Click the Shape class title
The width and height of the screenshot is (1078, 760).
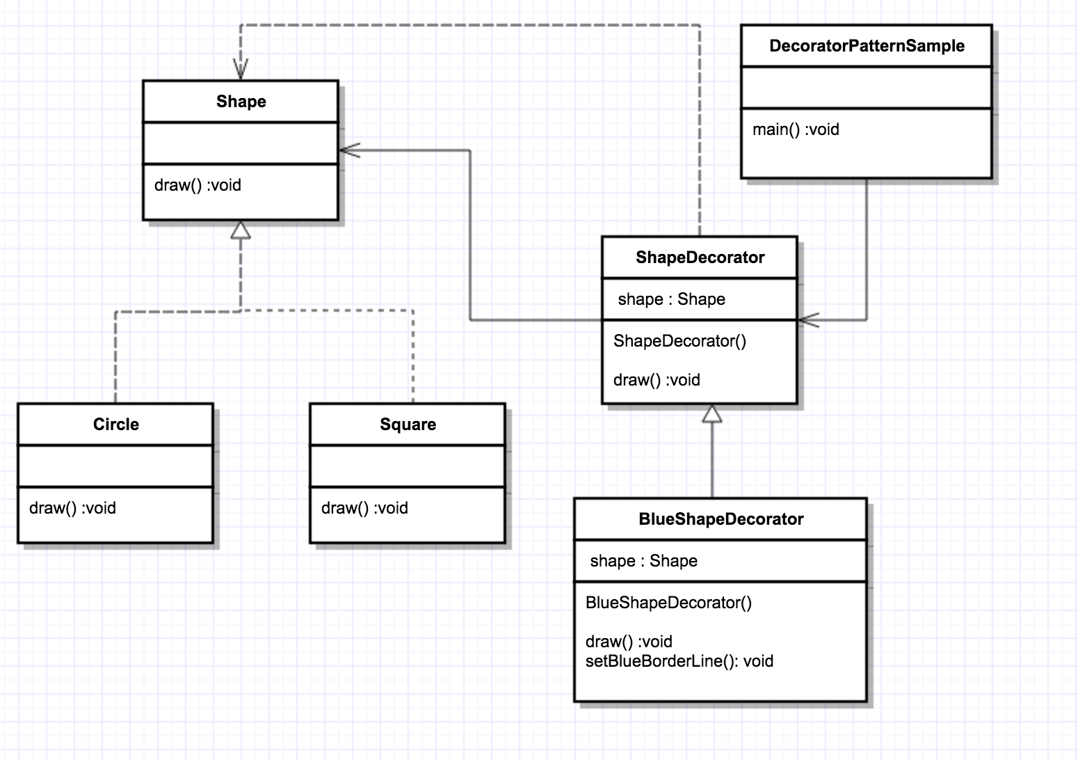[x=241, y=102]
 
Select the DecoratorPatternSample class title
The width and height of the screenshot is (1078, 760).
[x=867, y=46]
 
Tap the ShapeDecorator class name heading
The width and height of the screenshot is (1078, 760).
[x=700, y=258]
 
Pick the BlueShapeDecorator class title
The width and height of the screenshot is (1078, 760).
[x=721, y=519]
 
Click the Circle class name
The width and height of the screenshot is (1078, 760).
[x=116, y=425]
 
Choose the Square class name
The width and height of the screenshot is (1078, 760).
[x=408, y=425]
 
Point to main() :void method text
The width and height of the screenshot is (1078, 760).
[x=796, y=129]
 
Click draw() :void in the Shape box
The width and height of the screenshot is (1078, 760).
[x=198, y=185]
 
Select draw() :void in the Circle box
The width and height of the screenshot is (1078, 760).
[x=72, y=508]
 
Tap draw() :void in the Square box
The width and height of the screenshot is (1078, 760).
[x=365, y=508]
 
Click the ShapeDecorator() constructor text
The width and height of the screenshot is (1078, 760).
[x=680, y=341]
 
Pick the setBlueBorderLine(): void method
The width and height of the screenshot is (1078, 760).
[x=679, y=661]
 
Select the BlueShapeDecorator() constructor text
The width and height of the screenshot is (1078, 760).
[x=668, y=603]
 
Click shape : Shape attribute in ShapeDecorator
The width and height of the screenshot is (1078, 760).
[x=672, y=299]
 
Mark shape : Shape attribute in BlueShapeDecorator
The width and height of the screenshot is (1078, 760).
[x=644, y=561]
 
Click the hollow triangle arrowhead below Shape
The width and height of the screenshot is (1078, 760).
[x=241, y=230]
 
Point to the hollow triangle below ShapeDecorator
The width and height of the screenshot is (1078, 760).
[x=712, y=413]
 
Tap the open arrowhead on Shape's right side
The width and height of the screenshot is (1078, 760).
[x=350, y=150]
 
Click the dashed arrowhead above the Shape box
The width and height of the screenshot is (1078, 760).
[x=241, y=69]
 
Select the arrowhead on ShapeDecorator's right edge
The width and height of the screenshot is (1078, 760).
[x=809, y=319]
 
